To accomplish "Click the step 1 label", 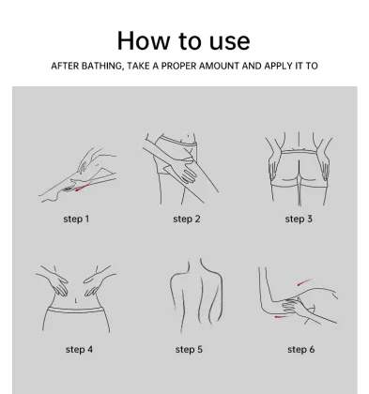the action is click(76, 219).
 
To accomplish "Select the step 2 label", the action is click(187, 219).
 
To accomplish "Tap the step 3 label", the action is click(299, 219).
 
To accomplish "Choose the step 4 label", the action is click(79, 349).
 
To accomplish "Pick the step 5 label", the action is click(189, 349).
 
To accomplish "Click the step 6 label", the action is click(301, 349).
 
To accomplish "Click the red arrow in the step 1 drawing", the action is click(83, 187).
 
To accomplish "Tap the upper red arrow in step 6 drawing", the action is click(305, 282).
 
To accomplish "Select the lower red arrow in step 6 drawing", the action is click(282, 317).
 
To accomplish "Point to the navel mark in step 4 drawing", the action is click(75, 301).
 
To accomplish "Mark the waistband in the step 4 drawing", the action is click(75, 310).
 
